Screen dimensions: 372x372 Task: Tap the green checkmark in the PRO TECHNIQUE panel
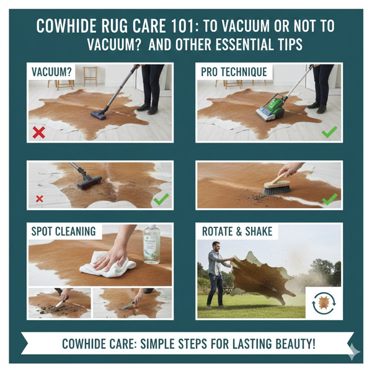coord(329,131)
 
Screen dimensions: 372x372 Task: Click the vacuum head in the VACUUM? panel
coord(100,114)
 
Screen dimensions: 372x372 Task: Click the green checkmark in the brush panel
coord(329,199)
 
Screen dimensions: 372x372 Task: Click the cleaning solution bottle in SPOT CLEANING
coord(151,245)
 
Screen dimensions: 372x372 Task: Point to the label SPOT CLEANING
coord(64,231)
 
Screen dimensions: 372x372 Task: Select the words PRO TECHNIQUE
coord(234,72)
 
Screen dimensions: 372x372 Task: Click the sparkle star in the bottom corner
coord(352,352)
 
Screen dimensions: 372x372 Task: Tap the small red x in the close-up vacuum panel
coord(39,198)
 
